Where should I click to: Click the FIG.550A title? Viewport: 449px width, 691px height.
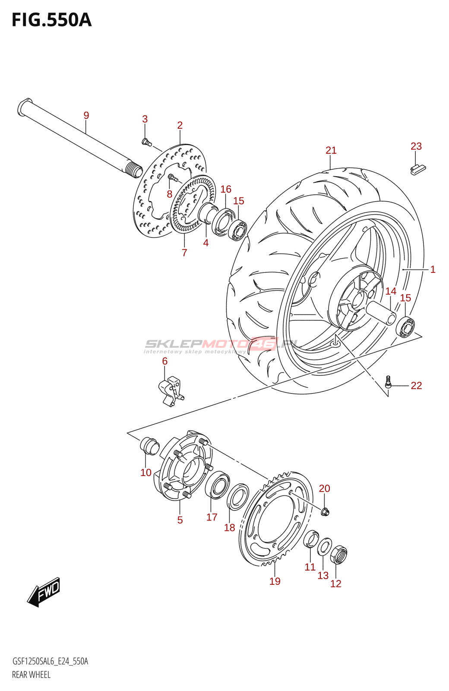pyautogui.click(x=52, y=20)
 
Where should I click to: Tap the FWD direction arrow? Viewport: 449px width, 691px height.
pyautogui.click(x=44, y=591)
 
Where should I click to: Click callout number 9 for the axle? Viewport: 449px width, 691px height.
pyautogui.click(x=86, y=115)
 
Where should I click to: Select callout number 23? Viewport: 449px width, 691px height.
pyautogui.click(x=416, y=146)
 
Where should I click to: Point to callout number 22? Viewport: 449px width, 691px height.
pyautogui.click(x=416, y=385)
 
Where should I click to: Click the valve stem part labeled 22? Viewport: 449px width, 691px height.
pyautogui.click(x=389, y=382)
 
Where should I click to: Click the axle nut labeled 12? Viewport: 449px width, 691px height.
pyautogui.click(x=338, y=555)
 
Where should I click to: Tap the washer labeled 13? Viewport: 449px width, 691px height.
pyautogui.click(x=324, y=547)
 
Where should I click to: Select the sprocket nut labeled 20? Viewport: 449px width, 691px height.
pyautogui.click(x=325, y=512)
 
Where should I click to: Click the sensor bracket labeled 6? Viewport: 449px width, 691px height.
pyautogui.click(x=171, y=390)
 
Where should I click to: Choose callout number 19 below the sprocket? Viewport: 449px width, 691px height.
pyautogui.click(x=275, y=581)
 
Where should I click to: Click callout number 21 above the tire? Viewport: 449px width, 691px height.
pyautogui.click(x=331, y=150)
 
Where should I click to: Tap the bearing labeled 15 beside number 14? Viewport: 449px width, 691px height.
pyautogui.click(x=405, y=327)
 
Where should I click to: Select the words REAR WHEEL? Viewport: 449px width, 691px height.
pyautogui.click(x=31, y=675)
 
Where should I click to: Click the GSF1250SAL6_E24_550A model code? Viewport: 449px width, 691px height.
pyautogui.click(x=50, y=662)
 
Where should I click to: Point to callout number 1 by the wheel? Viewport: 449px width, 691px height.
pyautogui.click(x=433, y=269)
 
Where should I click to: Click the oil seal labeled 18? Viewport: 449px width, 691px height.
pyautogui.click(x=238, y=497)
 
